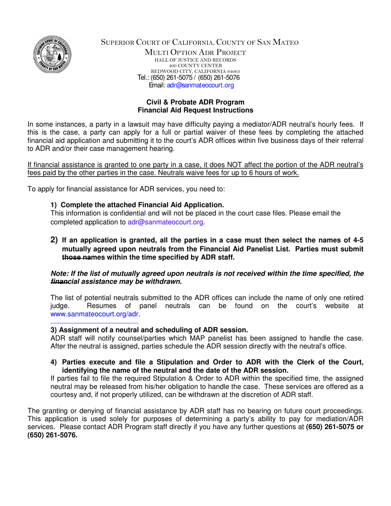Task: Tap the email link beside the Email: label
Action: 200,85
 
